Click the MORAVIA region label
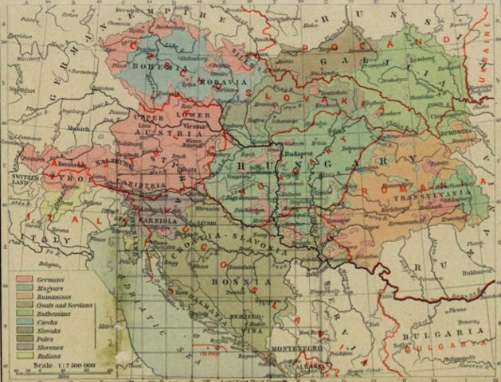point(209,81)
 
